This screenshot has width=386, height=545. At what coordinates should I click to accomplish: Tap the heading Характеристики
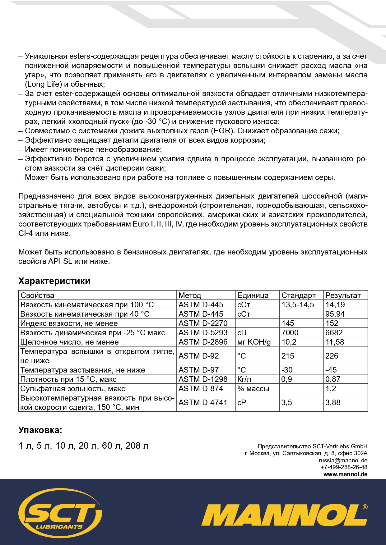click(54, 281)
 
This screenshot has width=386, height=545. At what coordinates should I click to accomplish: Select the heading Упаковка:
click(40, 430)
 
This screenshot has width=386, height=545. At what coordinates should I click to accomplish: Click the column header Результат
click(343, 295)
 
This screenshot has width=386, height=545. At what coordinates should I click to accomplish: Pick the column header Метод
click(190, 295)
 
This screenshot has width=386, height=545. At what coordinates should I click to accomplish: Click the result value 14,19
click(335, 305)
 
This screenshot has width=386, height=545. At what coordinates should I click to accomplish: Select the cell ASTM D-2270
click(203, 323)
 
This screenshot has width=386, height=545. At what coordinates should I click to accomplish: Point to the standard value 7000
click(290, 332)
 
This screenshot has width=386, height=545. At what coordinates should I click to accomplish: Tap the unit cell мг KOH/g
click(254, 342)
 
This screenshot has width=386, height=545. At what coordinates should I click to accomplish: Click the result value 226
click(332, 356)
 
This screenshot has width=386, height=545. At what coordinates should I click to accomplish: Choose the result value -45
click(331, 370)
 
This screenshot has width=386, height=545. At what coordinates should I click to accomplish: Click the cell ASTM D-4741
click(203, 402)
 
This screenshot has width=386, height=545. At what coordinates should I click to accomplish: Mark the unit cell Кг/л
click(244, 379)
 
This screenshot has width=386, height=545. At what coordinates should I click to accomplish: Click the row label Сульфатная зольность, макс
click(73, 388)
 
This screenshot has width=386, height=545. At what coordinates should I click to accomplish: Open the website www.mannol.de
click(345, 474)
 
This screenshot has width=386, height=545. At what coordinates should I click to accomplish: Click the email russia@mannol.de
click(343, 460)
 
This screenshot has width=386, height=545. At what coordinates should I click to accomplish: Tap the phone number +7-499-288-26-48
click(344, 467)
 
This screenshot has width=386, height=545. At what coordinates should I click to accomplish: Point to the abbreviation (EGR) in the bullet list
click(223, 131)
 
